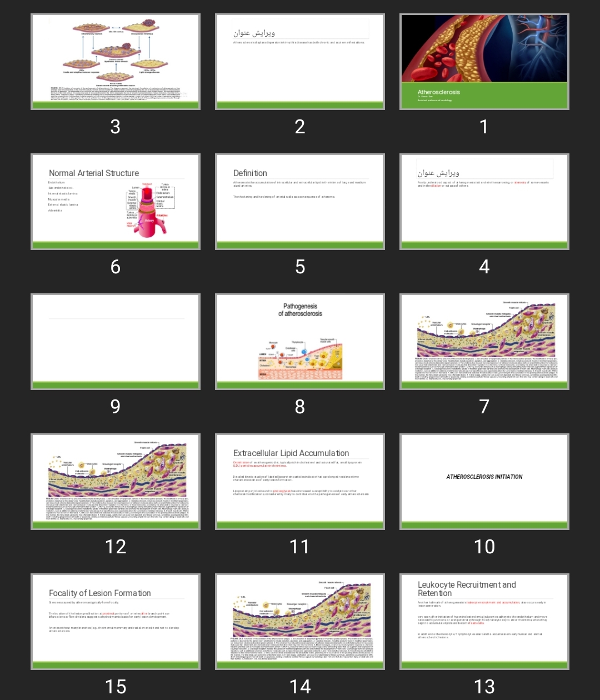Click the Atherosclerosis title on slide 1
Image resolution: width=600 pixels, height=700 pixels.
(439, 92)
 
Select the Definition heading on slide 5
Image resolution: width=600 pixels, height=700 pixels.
(250, 173)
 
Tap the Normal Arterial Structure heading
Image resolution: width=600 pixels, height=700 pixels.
(94, 173)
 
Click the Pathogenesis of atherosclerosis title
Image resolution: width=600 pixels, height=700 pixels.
(300, 310)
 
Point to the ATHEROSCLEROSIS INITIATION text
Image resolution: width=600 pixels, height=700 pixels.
(484, 477)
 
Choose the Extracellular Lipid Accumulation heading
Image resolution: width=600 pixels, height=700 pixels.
(291, 453)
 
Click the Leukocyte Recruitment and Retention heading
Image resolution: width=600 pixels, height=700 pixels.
(467, 589)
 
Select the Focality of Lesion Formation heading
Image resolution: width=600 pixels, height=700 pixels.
(100, 593)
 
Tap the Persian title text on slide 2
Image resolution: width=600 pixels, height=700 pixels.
(254, 33)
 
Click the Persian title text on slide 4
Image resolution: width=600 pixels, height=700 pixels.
(438, 173)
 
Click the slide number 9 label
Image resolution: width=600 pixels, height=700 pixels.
(115, 407)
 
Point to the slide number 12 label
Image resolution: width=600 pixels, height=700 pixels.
(115, 547)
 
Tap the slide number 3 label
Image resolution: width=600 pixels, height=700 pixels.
(115, 127)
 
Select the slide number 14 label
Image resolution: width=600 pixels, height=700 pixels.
(300, 687)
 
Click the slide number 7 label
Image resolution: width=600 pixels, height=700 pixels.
(484, 407)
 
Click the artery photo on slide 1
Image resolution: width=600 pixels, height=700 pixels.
(484, 48)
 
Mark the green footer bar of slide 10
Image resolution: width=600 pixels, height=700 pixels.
(484, 525)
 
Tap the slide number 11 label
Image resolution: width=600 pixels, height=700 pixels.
(300, 547)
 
